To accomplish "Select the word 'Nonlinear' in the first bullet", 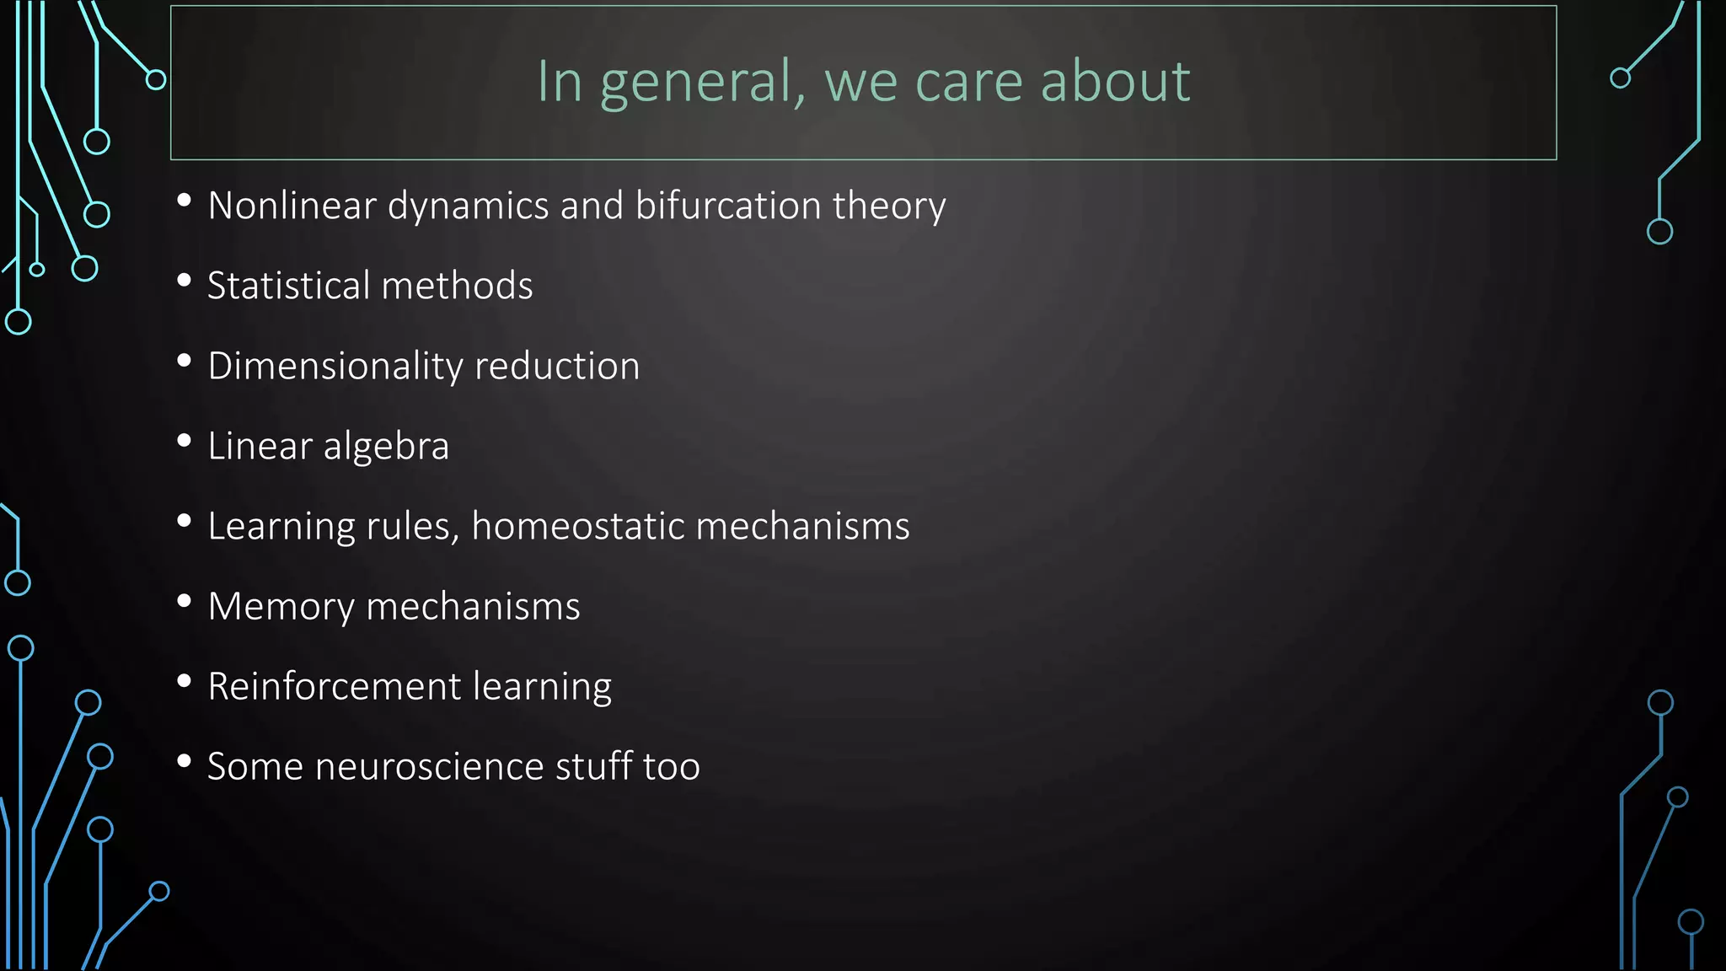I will [292, 206].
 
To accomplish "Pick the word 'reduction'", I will [557, 366].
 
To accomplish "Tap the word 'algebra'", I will [386, 446].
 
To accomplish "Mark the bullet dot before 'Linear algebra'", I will [185, 441].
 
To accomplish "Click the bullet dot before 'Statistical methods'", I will [185, 281].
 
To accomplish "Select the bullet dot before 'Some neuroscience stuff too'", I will [185, 761].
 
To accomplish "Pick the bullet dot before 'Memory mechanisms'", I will [185, 601].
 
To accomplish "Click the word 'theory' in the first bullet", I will [889, 207].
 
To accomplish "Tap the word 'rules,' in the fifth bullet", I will [413, 526].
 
